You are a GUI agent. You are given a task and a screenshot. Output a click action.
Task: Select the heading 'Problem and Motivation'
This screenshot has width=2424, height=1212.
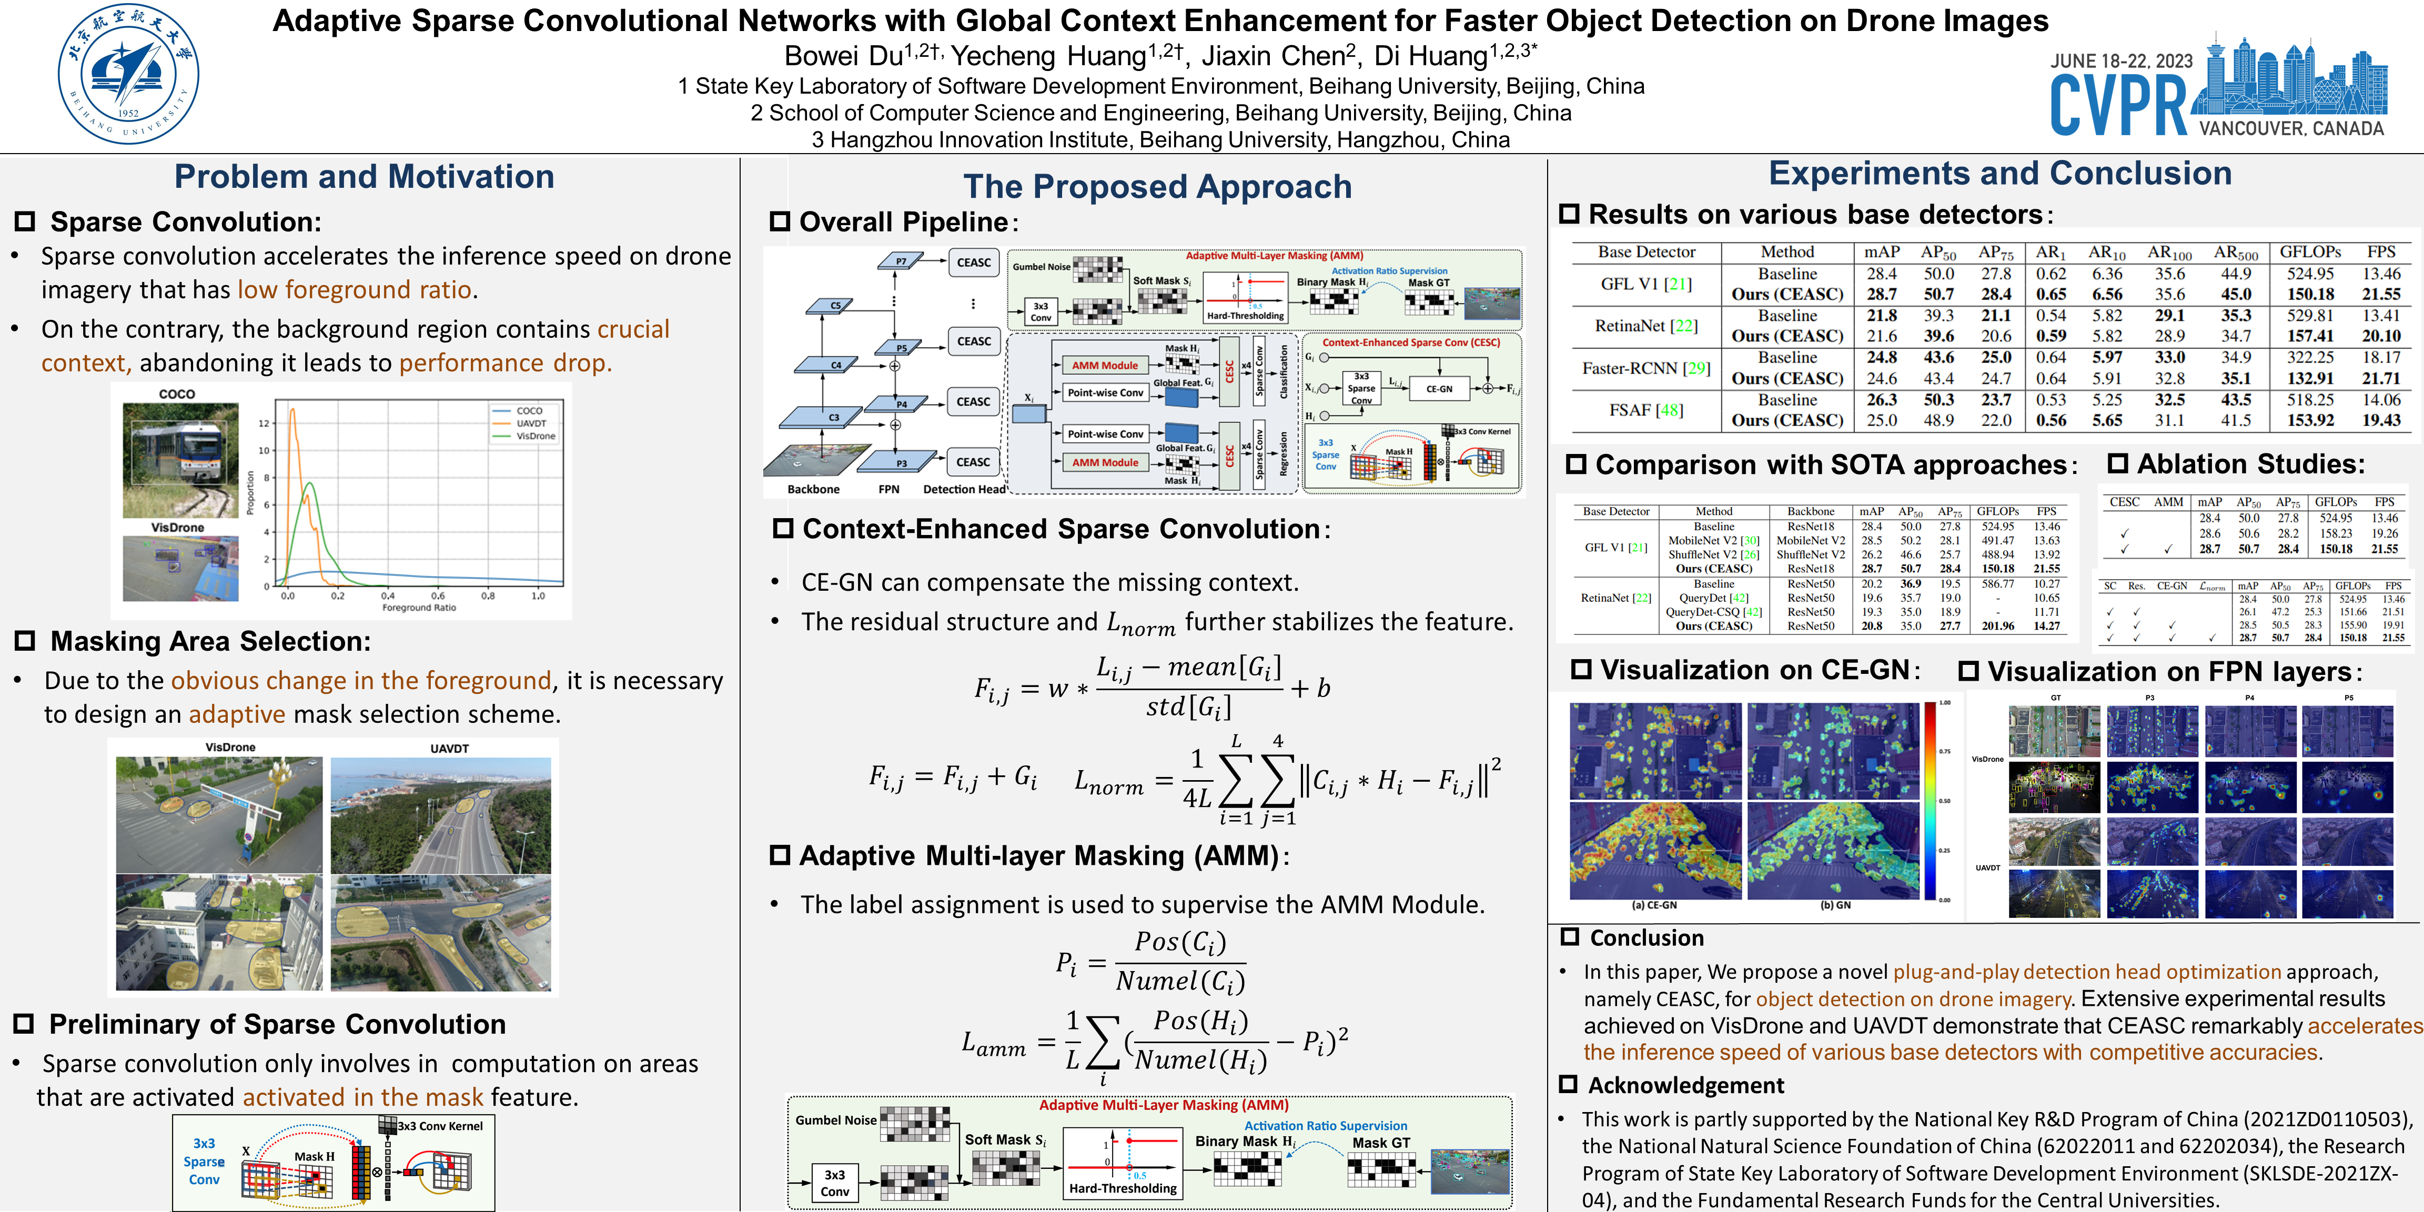tap(364, 177)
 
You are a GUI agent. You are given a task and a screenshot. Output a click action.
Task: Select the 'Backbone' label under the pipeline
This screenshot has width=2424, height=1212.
tap(813, 489)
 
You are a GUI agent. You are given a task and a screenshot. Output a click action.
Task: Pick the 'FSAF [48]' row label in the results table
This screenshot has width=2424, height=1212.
tap(1646, 410)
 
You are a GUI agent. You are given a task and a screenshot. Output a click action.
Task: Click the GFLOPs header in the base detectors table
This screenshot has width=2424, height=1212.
tap(2310, 252)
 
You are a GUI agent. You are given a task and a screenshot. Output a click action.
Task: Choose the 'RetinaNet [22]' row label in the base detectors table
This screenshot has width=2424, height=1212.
tap(1646, 326)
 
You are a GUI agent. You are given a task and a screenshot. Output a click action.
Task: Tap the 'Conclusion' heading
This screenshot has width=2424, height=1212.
tap(1646, 938)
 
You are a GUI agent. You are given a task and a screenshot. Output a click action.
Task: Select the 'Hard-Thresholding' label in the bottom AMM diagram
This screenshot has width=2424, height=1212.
tap(1123, 1188)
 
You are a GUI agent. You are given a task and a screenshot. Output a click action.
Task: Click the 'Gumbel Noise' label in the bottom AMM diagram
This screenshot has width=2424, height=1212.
tap(835, 1120)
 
